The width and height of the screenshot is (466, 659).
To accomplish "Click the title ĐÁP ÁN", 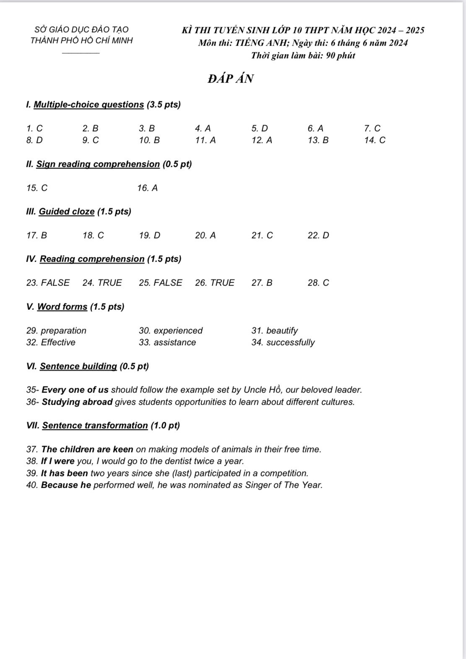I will coord(230,79).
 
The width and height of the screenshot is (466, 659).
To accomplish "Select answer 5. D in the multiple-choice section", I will coord(260,128).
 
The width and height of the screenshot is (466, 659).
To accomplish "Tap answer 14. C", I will coord(375,140).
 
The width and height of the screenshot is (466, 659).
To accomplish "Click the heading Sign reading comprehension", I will coord(98,164).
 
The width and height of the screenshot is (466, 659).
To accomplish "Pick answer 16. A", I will coord(147,188).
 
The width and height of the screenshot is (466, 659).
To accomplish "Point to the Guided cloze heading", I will coord(67,211).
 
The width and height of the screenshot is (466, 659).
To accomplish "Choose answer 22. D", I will coord(318,235).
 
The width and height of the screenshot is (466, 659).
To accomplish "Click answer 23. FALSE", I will coord(48,283).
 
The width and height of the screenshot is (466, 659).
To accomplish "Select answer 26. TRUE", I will coord(215,283).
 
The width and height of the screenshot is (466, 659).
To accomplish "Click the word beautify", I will coord(282,331).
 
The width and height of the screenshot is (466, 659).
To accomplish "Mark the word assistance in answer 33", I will coord(174,342).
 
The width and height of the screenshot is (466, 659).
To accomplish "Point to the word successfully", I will coord(290,342).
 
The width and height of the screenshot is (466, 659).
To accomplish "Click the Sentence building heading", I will coord(78,366).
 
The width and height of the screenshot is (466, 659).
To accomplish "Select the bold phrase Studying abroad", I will coord(77,402).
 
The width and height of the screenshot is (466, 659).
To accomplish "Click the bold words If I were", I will coord(58,461).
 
